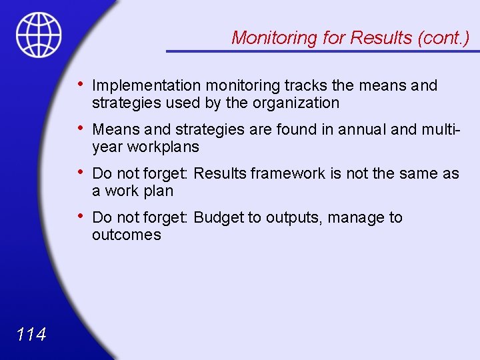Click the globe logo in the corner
[39, 34]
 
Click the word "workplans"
[163, 147]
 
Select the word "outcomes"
[127, 235]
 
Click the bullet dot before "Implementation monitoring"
[80, 85]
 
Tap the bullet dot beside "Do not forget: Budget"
[80, 217]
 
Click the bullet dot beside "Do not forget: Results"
[80, 173]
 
